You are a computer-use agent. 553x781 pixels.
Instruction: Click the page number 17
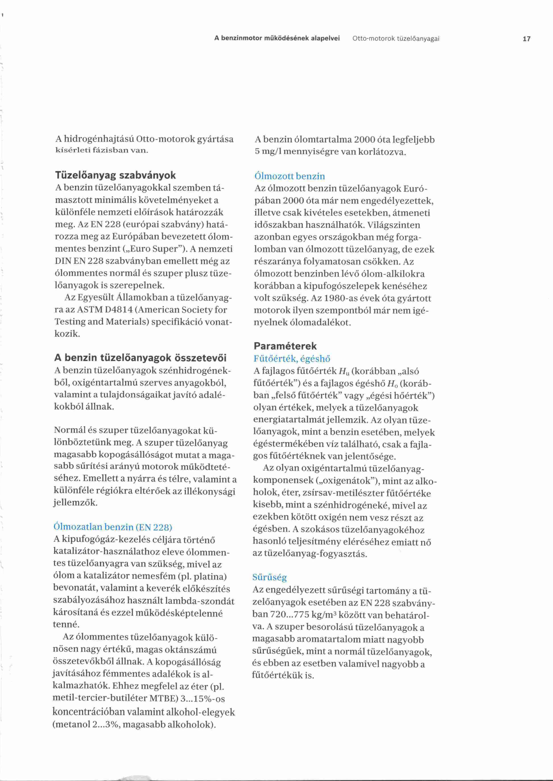pos(526,39)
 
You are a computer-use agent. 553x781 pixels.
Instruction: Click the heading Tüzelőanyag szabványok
pos(116,175)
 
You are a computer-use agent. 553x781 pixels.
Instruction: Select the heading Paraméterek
pos(285,346)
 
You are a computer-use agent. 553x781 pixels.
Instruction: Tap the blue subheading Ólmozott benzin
pos(289,176)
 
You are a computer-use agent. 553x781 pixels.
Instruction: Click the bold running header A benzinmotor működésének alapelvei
pos(277,39)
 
